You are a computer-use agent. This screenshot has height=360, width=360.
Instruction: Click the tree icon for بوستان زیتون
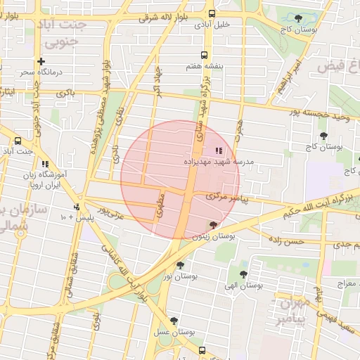[x=213, y=225]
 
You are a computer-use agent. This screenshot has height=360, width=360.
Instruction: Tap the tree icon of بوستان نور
[x=181, y=265]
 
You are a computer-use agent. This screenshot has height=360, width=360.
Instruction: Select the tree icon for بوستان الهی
[x=243, y=274]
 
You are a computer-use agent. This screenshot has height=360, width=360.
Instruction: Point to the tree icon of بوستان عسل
[x=174, y=321]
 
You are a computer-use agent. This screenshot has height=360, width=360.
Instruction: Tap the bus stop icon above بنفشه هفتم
[x=204, y=55]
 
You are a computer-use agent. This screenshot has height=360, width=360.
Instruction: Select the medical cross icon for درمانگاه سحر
[x=41, y=61]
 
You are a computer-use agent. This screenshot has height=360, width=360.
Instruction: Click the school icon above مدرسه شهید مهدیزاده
[x=218, y=150]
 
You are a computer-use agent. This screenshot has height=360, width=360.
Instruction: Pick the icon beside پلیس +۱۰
[x=76, y=207]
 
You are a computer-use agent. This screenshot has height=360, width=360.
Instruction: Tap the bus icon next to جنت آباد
[x=17, y=141]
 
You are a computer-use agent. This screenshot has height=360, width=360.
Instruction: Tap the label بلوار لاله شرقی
[x=163, y=16]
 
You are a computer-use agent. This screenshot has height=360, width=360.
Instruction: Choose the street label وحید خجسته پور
[x=320, y=114]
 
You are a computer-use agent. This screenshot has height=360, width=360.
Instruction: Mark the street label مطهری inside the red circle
[x=160, y=204]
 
